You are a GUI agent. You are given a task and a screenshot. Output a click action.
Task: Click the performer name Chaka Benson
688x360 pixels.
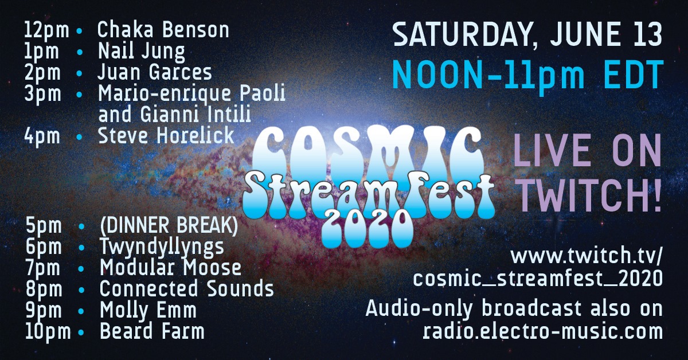click(x=163, y=30)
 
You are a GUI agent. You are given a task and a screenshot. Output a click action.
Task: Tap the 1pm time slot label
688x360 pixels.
click(x=41, y=52)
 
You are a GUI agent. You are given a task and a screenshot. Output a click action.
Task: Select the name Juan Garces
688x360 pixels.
click(x=155, y=72)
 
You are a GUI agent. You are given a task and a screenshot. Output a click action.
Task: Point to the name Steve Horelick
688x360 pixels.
click(x=166, y=135)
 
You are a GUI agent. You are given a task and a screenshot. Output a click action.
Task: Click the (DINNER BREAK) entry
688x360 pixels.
click(x=169, y=226)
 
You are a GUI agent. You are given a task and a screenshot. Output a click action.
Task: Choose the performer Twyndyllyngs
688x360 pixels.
click(x=162, y=247)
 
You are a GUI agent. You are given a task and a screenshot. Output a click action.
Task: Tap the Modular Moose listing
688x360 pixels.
click(x=170, y=267)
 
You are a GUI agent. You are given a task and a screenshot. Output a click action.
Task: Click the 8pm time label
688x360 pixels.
click(x=44, y=289)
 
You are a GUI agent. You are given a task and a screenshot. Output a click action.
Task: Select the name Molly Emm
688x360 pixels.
click(x=148, y=310)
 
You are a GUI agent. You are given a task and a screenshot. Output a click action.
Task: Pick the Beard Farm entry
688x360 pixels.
click(x=152, y=331)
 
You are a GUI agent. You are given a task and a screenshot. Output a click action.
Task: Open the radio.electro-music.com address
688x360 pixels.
click(x=542, y=331)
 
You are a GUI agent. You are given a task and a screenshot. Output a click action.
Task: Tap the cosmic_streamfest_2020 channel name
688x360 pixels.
click(x=538, y=279)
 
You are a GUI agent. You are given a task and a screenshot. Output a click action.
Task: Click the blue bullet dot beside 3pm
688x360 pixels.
click(x=80, y=95)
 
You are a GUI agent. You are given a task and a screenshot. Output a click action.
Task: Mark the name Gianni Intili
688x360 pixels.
click(x=196, y=114)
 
